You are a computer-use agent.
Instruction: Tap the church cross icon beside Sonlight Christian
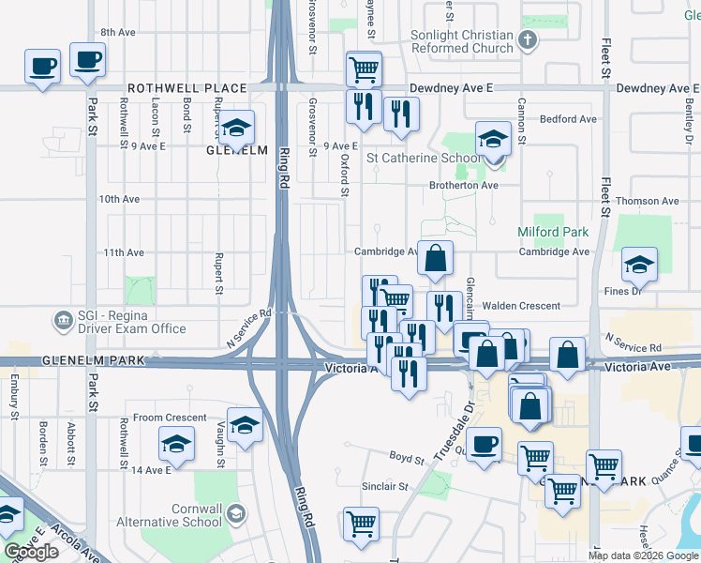click(528, 39)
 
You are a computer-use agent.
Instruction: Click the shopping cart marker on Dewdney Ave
click(364, 68)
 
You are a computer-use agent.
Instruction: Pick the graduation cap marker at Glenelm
click(236, 128)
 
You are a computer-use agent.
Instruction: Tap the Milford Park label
click(552, 232)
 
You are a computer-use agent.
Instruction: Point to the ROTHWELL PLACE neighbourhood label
click(186, 88)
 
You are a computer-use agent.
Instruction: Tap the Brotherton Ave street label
click(464, 186)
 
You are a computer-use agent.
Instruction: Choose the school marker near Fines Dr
click(639, 265)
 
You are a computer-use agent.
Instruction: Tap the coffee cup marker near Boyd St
click(484, 445)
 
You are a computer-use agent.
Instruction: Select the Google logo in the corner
click(31, 552)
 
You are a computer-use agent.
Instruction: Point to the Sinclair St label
click(385, 487)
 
